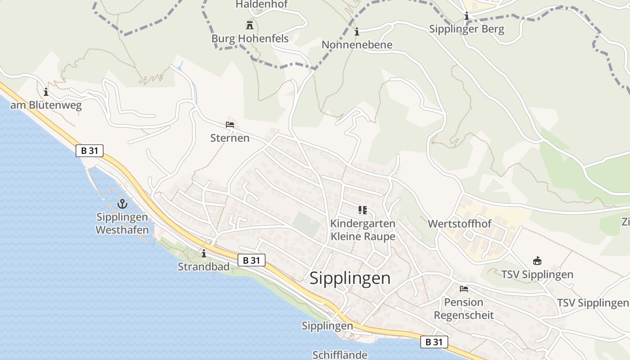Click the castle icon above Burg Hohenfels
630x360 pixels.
click(249, 24)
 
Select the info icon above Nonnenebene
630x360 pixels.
click(357, 31)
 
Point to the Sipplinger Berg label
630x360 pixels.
click(467, 30)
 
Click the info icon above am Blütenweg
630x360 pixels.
click(46, 92)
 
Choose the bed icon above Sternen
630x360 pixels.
click(230, 125)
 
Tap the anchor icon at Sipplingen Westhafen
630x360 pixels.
click(122, 204)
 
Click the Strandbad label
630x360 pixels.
click(203, 266)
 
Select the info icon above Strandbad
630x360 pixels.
click(204, 254)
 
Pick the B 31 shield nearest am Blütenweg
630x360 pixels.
click(90, 151)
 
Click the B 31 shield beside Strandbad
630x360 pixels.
click(252, 260)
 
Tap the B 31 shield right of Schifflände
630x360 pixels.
click(434, 342)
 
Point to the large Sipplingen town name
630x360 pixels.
click(350, 278)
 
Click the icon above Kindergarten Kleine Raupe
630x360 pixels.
click(363, 210)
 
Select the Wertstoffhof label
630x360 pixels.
click(459, 224)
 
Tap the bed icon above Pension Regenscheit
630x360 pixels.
click(464, 289)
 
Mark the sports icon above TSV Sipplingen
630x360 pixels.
click(537, 261)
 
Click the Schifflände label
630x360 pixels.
click(340, 355)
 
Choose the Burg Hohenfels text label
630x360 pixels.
click(250, 39)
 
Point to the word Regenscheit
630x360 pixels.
click(463, 315)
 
